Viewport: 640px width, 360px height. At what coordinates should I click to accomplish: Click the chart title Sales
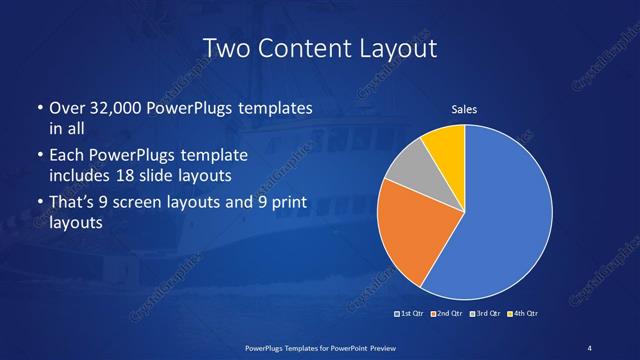(x=464, y=108)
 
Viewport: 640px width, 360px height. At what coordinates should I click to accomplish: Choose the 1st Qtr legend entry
(x=410, y=314)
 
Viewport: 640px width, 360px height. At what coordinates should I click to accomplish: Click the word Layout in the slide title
(x=392, y=48)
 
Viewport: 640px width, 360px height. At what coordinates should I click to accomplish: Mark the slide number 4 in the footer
(x=589, y=347)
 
